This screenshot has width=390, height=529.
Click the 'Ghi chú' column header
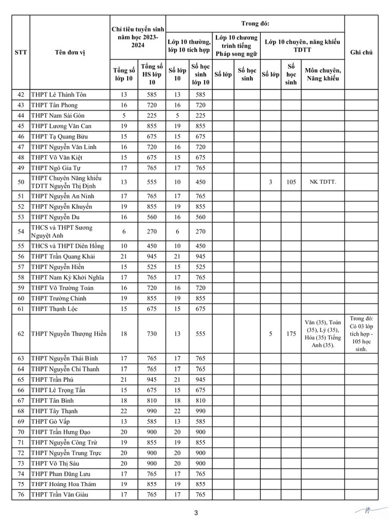point(361,52)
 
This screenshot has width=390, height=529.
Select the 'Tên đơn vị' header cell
point(69,52)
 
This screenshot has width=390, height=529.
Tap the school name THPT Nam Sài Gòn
point(58,115)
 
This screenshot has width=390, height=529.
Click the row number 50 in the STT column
point(21,182)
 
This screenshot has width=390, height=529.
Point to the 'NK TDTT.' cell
point(322,182)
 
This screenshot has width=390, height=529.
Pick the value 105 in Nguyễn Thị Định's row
point(291,182)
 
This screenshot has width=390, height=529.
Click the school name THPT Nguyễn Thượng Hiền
point(68,334)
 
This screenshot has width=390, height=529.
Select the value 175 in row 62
point(291,334)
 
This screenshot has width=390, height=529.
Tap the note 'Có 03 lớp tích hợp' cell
point(361,333)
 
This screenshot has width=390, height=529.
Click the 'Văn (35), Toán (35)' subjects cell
point(322,334)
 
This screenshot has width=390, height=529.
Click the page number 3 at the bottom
point(196,513)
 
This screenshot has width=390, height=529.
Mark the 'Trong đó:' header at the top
point(255,24)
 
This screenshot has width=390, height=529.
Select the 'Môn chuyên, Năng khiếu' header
point(322,74)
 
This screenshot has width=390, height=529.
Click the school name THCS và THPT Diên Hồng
point(67,246)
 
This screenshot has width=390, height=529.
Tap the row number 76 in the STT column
point(21,495)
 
